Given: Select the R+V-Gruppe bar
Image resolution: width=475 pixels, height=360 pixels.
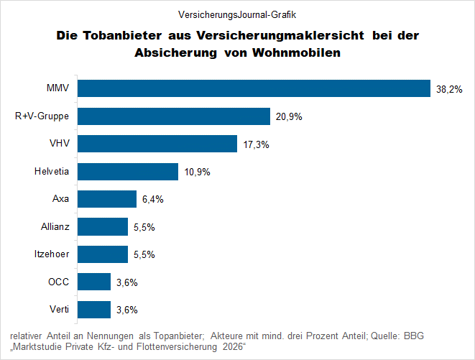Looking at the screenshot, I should pos(174,116).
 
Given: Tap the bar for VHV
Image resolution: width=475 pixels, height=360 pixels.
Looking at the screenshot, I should pos(157,144).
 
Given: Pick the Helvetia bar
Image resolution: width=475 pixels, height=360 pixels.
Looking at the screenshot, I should pos(128,172).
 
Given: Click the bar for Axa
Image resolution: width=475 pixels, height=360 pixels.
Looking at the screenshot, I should pos(107,199).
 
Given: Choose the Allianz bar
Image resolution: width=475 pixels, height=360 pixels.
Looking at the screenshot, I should pos(103,227).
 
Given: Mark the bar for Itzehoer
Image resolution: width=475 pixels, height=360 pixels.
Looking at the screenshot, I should pos(103,254).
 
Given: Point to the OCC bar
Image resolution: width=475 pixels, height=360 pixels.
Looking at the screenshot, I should pos(94,282).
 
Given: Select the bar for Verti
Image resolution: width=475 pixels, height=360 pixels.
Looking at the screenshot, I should pos(94,310).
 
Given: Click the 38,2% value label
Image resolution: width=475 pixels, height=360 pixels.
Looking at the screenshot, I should pos(448,89).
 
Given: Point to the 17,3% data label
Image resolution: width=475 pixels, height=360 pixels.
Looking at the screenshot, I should pos(256,144).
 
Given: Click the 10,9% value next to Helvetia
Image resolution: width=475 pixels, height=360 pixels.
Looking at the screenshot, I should pos(197,172).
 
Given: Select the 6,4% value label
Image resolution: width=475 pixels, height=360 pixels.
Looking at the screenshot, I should pos(152,200).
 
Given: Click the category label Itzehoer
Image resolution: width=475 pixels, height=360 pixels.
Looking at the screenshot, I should pos(51,254).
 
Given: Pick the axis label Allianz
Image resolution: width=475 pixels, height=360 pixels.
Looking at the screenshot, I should pos(55,227).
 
